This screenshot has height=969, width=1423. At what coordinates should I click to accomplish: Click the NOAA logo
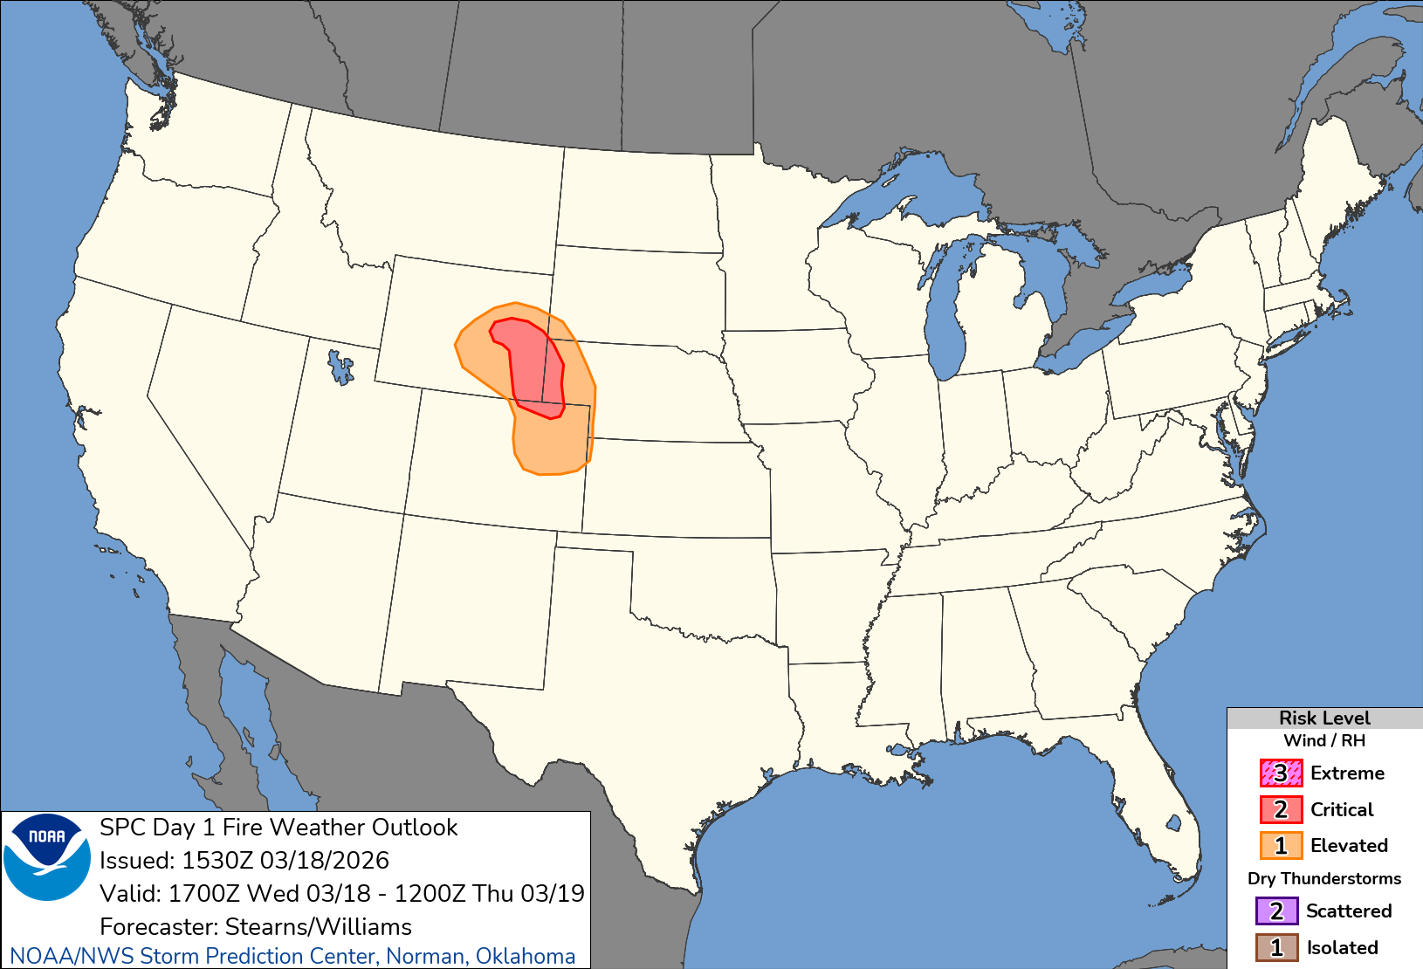click(x=47, y=856)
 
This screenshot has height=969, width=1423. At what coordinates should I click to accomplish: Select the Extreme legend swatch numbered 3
click(x=1281, y=773)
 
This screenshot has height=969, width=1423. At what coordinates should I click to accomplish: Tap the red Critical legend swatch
click(x=1281, y=810)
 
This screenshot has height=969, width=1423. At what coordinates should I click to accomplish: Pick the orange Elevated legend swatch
click(x=1281, y=846)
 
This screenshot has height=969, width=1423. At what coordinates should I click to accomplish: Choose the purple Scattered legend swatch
click(x=1276, y=911)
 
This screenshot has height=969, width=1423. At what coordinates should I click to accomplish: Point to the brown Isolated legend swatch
click(x=1276, y=948)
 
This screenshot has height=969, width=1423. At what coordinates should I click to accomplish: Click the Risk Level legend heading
click(x=1324, y=718)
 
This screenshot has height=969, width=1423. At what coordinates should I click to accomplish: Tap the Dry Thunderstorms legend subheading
click(x=1324, y=878)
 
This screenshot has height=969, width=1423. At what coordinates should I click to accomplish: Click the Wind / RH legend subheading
click(x=1324, y=740)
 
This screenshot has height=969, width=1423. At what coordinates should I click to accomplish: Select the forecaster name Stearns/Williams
click(x=318, y=926)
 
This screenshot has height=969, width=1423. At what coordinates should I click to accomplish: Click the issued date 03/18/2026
click(x=324, y=861)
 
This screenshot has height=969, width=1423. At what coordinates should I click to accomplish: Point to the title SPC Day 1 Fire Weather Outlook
click(x=278, y=828)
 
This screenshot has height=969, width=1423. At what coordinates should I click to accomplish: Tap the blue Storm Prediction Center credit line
click(x=292, y=957)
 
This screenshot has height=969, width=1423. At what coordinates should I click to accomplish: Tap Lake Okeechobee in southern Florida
click(x=1173, y=821)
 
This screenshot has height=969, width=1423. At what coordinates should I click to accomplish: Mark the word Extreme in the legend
click(x=1347, y=773)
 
